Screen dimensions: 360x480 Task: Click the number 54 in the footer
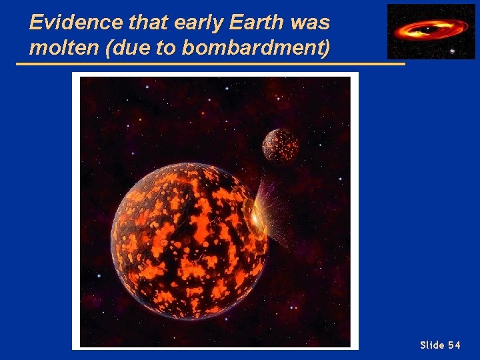(454, 345)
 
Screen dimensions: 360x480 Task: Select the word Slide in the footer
(431, 345)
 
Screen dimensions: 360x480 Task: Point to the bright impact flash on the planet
(257, 217)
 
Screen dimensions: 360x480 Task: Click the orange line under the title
(210, 64)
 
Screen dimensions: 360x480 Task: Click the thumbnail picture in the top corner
(431, 31)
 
